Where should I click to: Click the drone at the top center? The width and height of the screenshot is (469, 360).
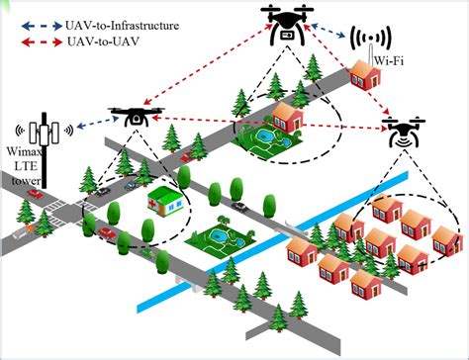coord(286,24)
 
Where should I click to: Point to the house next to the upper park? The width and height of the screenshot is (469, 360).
coord(287,119)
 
